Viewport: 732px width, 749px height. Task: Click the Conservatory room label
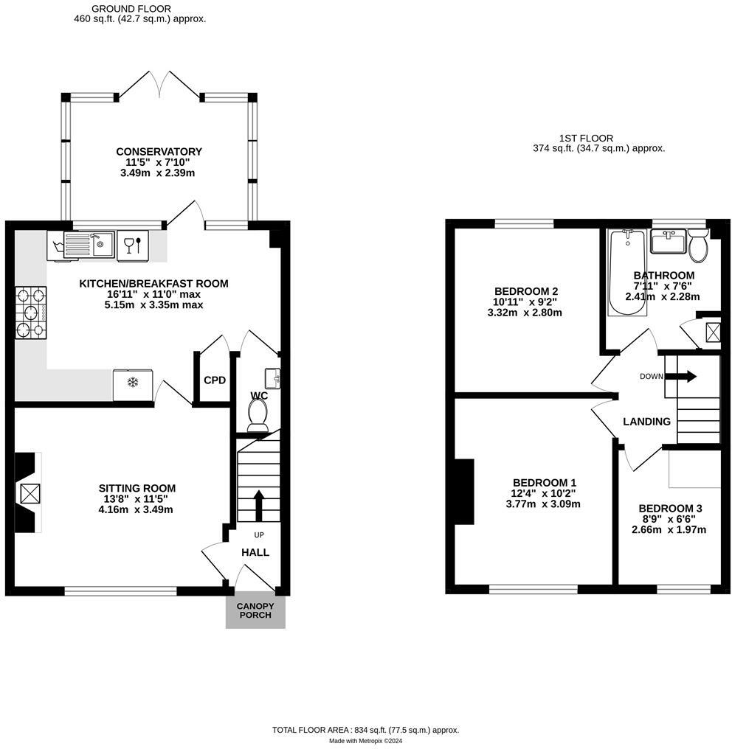point(159,151)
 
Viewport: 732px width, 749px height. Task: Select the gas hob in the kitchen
point(30,313)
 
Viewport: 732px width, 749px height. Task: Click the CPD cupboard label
point(215,380)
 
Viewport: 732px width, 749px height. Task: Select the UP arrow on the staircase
point(259,506)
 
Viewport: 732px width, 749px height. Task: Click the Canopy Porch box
point(255,611)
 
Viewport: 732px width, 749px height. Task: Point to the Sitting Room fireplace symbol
point(30,493)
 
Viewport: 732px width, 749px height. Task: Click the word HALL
point(255,553)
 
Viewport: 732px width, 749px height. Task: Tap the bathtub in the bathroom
point(627,272)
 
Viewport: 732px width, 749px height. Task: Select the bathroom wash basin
point(669,241)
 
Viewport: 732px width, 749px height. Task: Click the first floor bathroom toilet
point(699,245)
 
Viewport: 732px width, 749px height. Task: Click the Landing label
point(646,422)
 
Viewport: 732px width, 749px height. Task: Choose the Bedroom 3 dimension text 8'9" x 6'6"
point(669,519)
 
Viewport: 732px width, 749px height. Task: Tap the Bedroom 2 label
point(526,291)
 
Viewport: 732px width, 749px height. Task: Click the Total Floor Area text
point(366,730)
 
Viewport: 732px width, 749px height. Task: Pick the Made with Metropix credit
point(366,741)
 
